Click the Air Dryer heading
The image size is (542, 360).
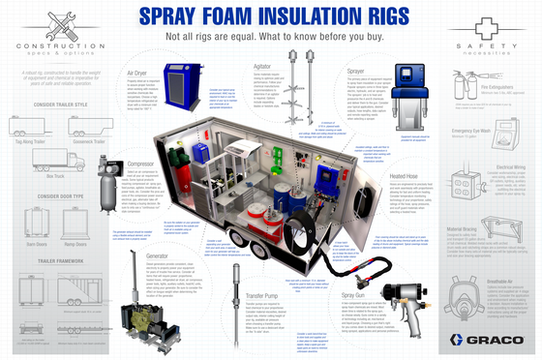[138, 72]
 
